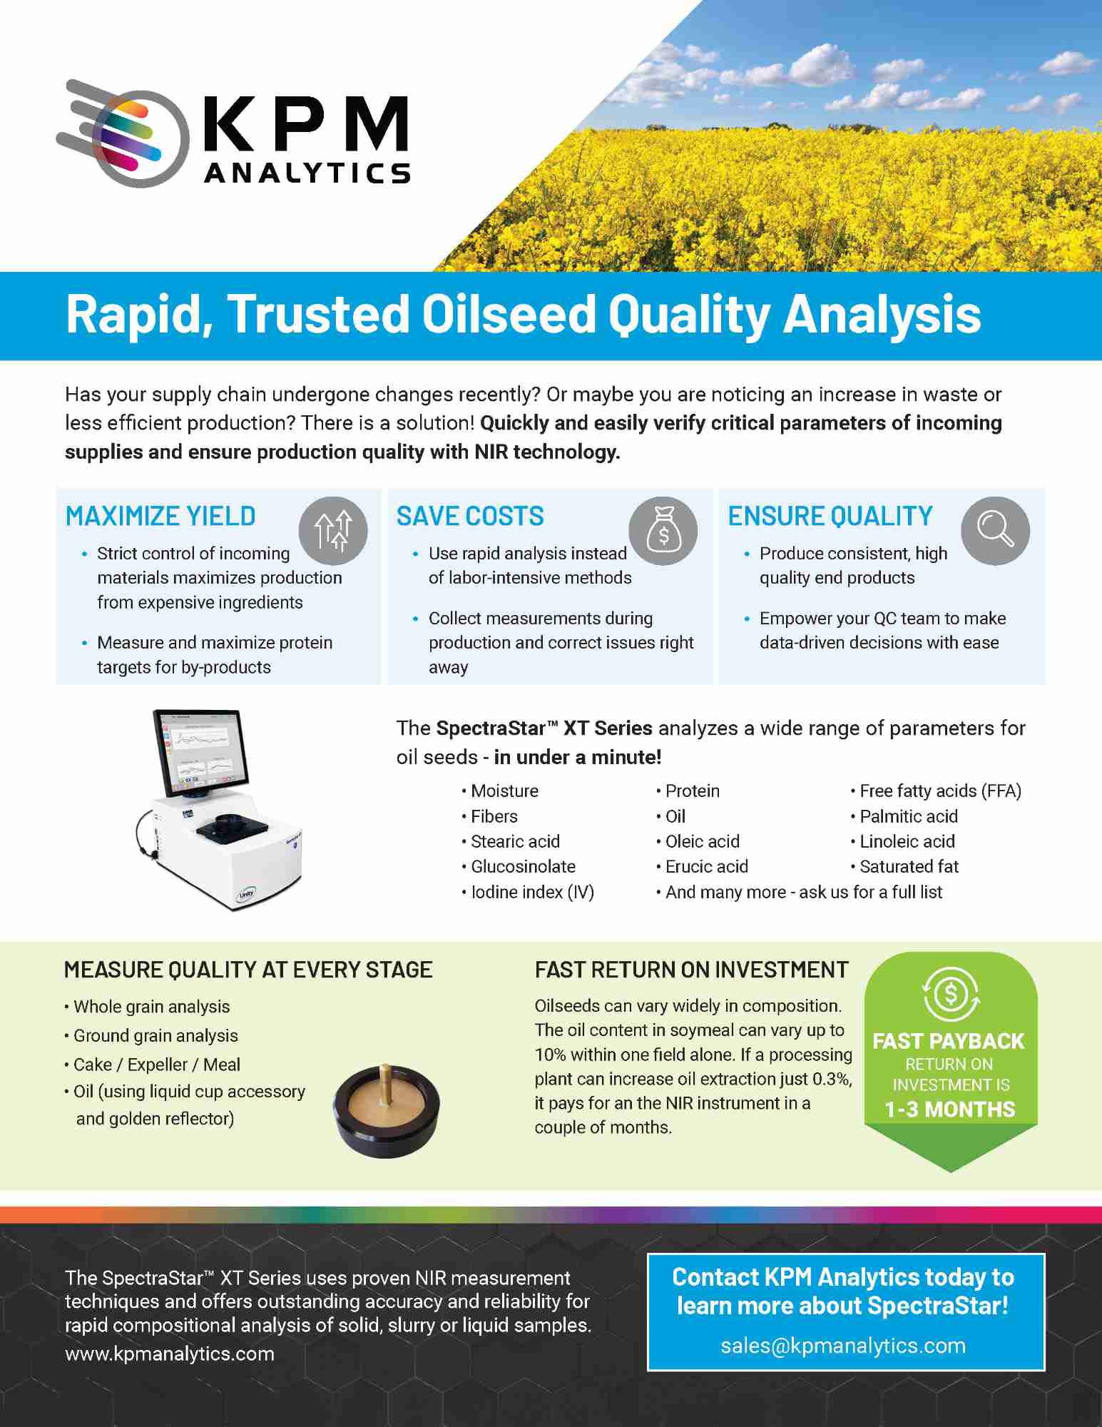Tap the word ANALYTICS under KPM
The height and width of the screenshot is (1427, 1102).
pos(307,173)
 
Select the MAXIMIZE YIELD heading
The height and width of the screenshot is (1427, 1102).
pos(160,516)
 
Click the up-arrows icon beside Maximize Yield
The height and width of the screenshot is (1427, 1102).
pos(333,531)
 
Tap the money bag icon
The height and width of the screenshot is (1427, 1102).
pos(663,531)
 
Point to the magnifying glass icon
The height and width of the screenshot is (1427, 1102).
pos(995,531)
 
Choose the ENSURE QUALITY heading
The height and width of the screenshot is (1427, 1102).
pos(830,516)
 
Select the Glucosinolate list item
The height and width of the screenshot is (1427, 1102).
pos(519,866)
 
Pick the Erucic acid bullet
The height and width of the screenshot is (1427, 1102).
pos(703,866)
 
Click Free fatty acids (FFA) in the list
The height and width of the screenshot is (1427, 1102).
pos(937,791)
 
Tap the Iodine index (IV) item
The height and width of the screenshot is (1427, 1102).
pos(529,892)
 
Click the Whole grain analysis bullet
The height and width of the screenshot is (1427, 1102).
pos(148,1007)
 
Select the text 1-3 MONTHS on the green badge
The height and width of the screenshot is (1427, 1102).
pos(950,1109)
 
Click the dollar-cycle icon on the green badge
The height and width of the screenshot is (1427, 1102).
pos(951,994)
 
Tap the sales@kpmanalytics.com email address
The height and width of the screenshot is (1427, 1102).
pos(844,1346)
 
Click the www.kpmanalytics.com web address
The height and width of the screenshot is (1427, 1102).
pos(170,1354)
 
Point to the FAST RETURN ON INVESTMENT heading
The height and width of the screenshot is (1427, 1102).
pos(692,970)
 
